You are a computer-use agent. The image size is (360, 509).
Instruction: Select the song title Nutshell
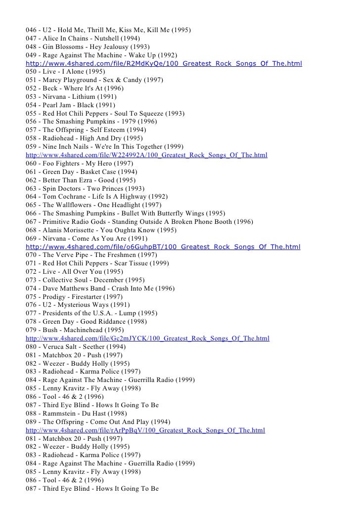(109, 39)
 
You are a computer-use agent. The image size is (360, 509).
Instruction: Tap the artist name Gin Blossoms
(62, 46)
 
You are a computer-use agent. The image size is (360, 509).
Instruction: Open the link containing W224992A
(146, 155)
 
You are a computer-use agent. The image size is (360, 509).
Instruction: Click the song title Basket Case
(99, 171)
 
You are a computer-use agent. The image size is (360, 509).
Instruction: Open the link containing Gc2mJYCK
(147, 339)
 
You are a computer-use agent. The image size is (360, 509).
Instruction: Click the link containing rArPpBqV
(145, 430)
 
